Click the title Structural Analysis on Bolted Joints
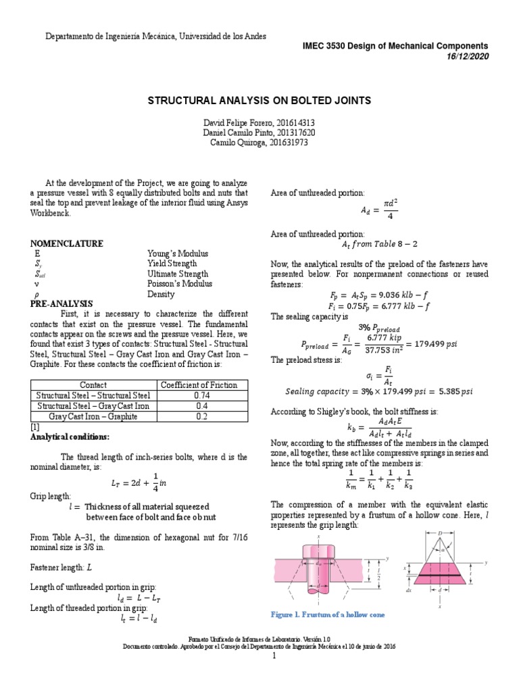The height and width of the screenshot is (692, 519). (x=259, y=101)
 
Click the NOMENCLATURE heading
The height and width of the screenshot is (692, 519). (x=67, y=243)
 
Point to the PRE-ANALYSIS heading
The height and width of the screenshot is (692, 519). (x=61, y=304)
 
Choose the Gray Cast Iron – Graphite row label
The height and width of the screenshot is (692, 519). (x=93, y=417)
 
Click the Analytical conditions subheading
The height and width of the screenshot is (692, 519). (x=68, y=437)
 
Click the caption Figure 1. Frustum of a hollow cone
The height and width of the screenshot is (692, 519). (x=328, y=614)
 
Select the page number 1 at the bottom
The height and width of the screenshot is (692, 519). (x=259, y=656)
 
